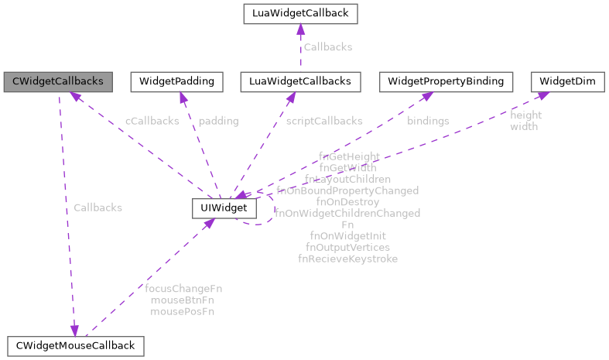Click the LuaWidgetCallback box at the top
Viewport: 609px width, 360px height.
299,13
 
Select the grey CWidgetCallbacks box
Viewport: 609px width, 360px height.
57,81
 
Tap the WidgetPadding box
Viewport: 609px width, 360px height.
178,81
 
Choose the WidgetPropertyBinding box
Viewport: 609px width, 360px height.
446,81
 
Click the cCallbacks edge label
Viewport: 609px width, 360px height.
152,121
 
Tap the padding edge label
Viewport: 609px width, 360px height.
218,121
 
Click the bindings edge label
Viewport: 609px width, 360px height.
428,121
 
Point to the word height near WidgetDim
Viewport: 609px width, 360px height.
526,115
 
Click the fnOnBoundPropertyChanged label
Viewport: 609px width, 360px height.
347,190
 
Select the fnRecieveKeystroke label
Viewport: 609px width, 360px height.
347,259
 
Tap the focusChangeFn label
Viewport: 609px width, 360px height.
183,289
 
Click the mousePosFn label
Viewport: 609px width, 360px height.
183,311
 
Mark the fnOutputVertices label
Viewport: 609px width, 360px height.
347,247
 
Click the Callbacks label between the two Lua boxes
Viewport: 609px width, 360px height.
327,47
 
